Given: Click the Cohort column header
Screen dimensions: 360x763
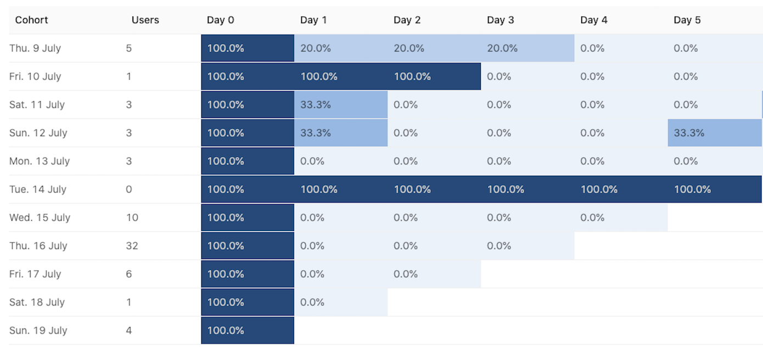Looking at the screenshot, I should tap(31, 20).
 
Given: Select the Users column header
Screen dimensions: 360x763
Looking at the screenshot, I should tap(145, 20).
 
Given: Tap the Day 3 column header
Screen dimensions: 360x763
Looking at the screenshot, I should tap(500, 20).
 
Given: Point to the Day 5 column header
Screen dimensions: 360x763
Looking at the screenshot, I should tap(687, 20).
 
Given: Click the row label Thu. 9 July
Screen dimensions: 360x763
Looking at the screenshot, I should tap(35, 48).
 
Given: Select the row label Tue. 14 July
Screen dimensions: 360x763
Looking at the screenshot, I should tap(38, 189).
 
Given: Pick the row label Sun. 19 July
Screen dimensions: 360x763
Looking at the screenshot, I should tap(38, 330).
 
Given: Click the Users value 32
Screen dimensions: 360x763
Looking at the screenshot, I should tap(132, 246).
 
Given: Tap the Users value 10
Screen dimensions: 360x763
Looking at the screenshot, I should tap(132, 218).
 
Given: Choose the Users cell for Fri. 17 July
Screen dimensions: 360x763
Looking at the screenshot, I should tap(129, 274).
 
